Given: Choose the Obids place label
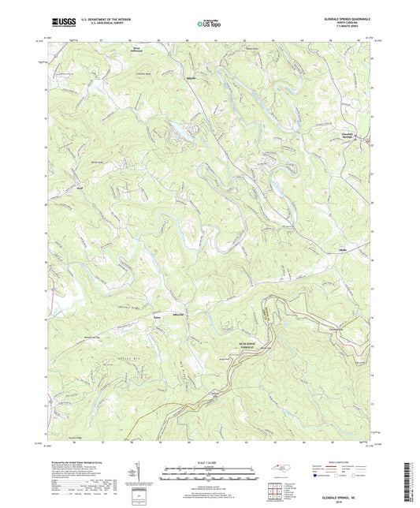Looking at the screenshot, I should [x=342, y=248].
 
